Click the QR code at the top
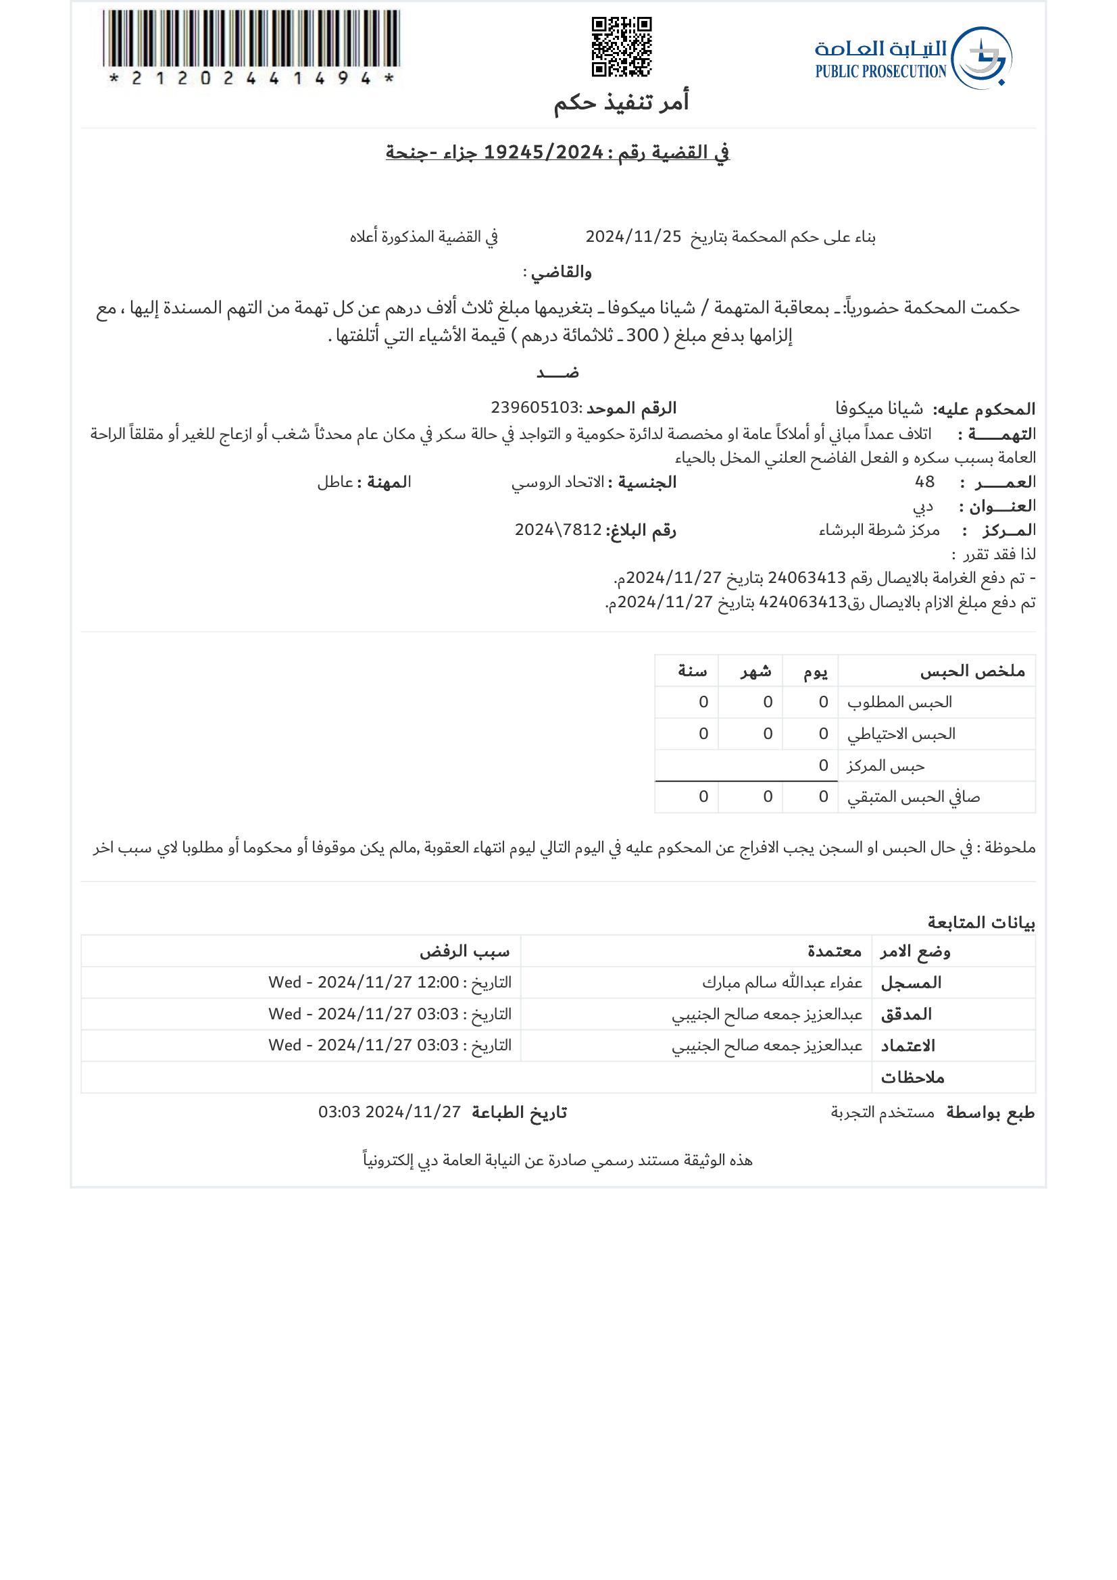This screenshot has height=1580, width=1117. pos(621,47)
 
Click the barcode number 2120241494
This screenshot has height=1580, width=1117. pos(251,78)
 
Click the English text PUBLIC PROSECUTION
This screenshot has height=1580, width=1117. pos(880,71)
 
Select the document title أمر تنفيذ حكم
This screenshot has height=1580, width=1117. pos(621,102)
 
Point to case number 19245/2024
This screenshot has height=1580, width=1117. pos(544,152)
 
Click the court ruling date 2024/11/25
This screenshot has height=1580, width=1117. pos(632,236)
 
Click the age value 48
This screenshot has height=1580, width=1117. pos(924,482)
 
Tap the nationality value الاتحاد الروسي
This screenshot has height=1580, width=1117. pos(557,482)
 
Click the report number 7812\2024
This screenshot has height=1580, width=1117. pos(558,530)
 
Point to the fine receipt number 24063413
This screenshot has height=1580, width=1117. pos(806,578)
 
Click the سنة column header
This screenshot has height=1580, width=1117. pos(692,671)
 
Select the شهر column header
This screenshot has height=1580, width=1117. pos(755,671)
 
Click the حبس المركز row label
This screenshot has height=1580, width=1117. pos(885,766)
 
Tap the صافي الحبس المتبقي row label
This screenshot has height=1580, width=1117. pos(913,797)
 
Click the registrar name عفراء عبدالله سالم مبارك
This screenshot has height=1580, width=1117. pos(782,983)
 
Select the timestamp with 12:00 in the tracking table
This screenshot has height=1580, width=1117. pos(389,983)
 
